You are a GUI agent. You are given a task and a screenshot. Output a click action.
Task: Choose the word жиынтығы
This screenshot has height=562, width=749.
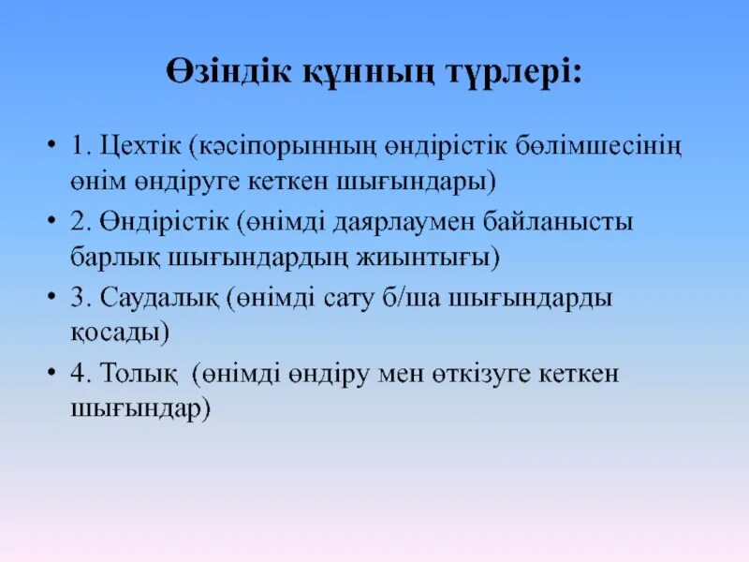(x=433, y=257)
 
